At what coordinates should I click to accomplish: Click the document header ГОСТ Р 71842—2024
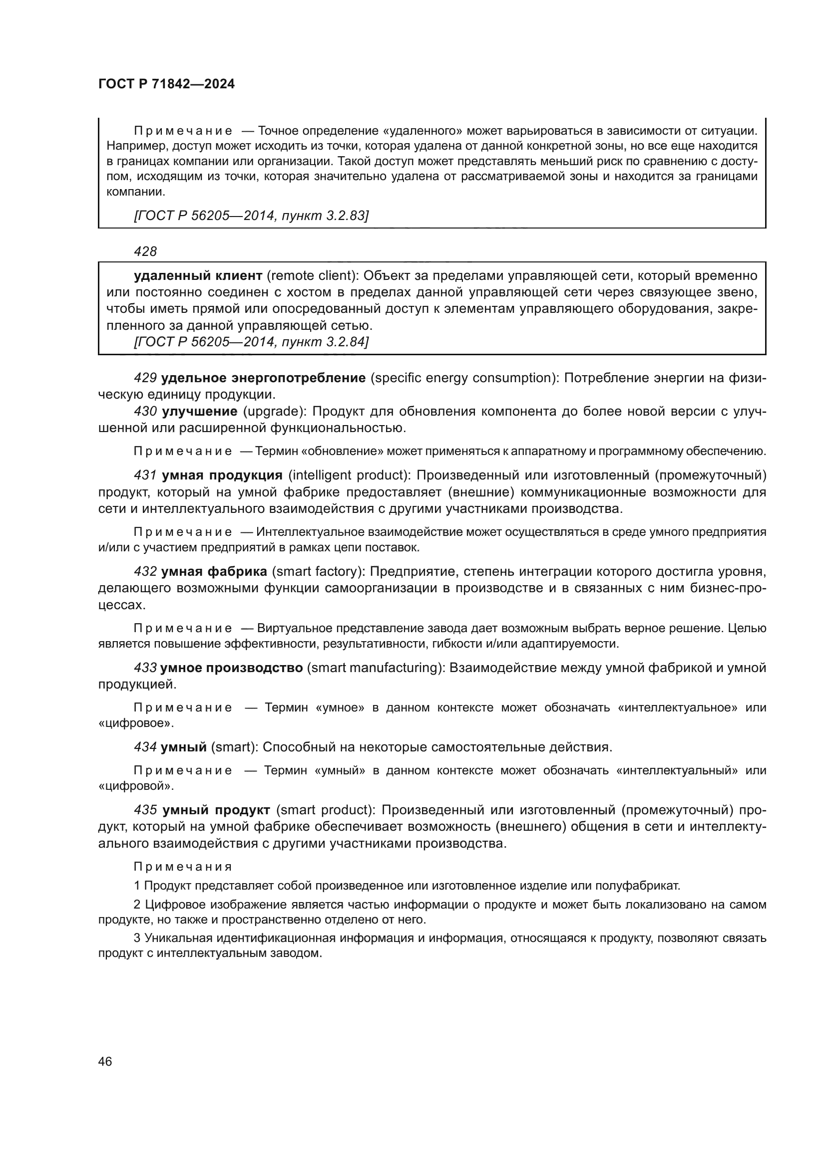(x=166, y=84)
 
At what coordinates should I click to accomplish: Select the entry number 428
(x=145, y=251)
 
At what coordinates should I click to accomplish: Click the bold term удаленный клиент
(x=198, y=276)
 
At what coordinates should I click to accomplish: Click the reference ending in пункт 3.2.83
(x=251, y=216)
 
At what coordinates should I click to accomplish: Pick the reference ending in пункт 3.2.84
(x=251, y=342)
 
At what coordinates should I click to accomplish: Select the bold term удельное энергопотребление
(x=264, y=378)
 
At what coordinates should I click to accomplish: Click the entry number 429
(x=145, y=378)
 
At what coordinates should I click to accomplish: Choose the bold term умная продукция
(x=222, y=475)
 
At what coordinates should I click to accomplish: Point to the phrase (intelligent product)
(x=350, y=475)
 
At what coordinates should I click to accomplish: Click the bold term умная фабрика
(x=214, y=572)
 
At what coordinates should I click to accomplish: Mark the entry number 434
(x=145, y=747)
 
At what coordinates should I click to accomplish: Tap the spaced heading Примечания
(x=183, y=867)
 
